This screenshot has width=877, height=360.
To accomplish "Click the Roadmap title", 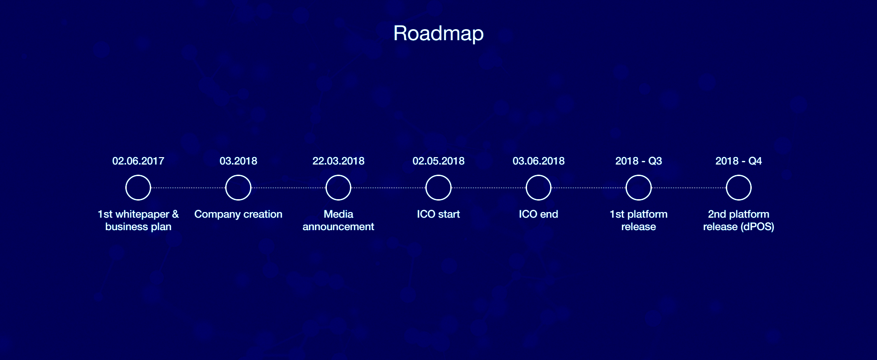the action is coord(438,33).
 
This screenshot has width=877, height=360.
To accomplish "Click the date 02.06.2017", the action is coord(138,161).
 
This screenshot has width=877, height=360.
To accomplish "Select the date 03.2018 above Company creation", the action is coord(238,161).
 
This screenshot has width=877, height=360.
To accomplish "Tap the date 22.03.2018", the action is coord(338,161).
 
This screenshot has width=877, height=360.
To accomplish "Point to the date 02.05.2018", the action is coord(438,161).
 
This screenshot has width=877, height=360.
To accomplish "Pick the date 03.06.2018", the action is coord(539,161).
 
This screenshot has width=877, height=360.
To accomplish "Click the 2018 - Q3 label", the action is coord(638,161).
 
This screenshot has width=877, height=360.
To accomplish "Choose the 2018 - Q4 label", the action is coord(739,161).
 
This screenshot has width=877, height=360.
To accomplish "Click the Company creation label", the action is coord(238,214).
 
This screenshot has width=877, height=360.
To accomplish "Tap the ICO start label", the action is coord(438,214).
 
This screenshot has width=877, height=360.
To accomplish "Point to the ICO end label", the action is coord(539,214).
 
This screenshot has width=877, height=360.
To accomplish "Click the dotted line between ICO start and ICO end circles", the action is coord(489,188).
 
